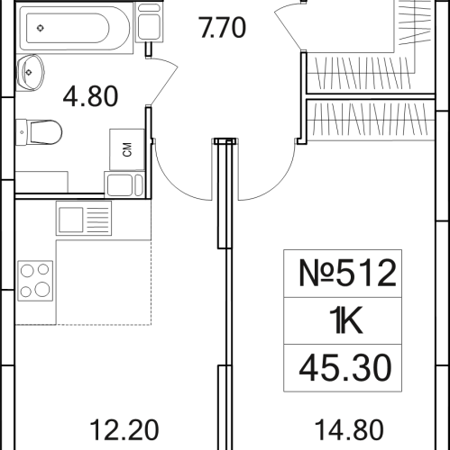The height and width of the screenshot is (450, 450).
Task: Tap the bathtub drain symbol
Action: (40, 28)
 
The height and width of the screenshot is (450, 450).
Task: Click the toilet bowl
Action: (45, 132)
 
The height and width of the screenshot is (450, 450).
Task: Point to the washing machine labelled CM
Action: (127, 149)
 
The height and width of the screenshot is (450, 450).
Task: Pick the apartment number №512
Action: (346, 272)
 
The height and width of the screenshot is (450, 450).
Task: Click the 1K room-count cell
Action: (346, 319)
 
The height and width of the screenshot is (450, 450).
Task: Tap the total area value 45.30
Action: (346, 367)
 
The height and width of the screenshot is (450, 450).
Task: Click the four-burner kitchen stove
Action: (37, 279)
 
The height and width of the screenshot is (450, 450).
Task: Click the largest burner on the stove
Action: (41, 290)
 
